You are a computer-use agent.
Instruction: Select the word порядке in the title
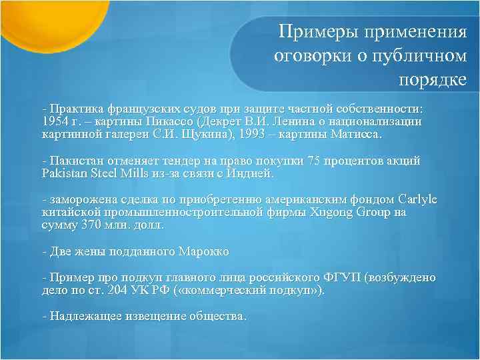tap(433, 80)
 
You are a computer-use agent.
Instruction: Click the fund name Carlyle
tap(417, 199)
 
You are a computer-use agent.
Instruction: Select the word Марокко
tap(205, 251)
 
